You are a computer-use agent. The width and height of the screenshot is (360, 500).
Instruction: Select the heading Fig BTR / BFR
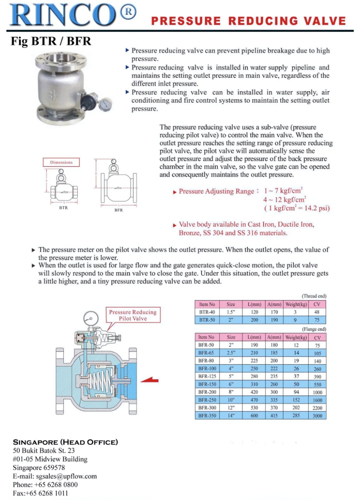tap(51, 41)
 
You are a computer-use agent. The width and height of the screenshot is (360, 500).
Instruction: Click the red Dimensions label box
tap(61, 162)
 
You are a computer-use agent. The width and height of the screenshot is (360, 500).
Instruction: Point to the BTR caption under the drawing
tap(63, 207)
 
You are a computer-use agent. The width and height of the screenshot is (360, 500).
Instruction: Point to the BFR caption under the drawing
tap(119, 210)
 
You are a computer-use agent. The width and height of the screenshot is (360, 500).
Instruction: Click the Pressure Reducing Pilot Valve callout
tap(133, 315)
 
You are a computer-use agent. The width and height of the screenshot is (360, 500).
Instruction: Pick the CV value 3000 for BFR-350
tap(317, 416)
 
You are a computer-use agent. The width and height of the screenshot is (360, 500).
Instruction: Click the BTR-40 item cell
tap(207, 312)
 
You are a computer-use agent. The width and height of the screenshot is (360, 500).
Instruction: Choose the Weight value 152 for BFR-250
tap(296, 400)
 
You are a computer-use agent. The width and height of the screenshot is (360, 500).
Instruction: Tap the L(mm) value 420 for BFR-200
tap(254, 392)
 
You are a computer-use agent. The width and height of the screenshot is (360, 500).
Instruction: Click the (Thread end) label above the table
tap(314, 296)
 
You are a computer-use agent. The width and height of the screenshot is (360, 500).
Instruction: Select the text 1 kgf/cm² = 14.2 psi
tap(297, 208)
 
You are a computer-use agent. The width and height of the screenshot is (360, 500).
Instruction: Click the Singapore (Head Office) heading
tap(66, 442)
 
